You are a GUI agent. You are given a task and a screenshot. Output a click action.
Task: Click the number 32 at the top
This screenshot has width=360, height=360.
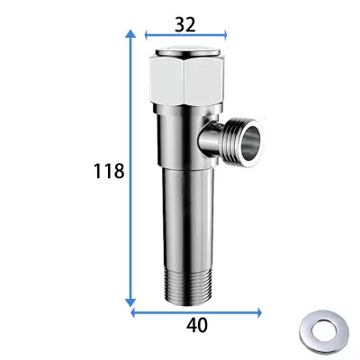pos(185,25)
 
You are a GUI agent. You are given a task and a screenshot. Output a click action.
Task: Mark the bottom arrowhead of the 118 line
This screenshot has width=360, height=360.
pos(132,303)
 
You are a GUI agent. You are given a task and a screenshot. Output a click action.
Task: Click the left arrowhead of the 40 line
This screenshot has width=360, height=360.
pos(135,312)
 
